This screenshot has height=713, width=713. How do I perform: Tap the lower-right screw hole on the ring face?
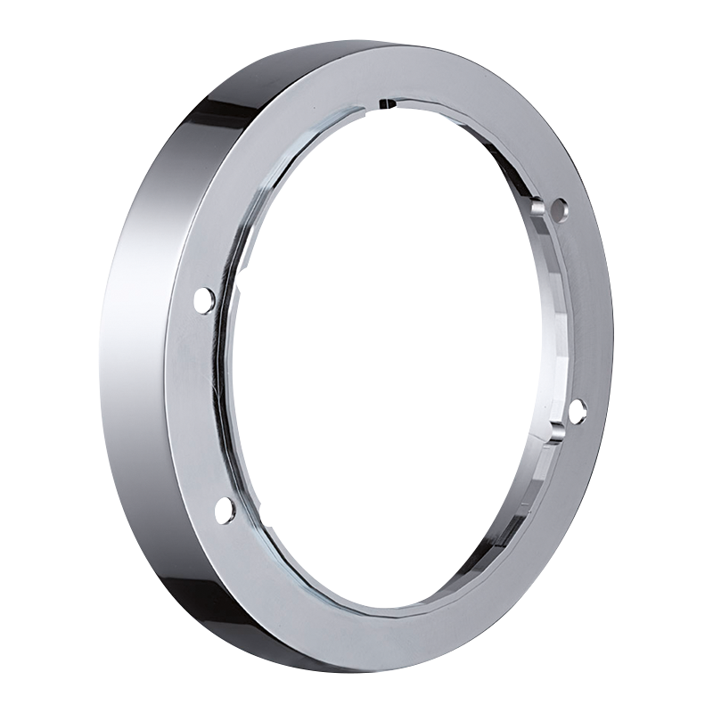[577, 409]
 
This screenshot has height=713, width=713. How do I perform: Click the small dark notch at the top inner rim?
[386, 104]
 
